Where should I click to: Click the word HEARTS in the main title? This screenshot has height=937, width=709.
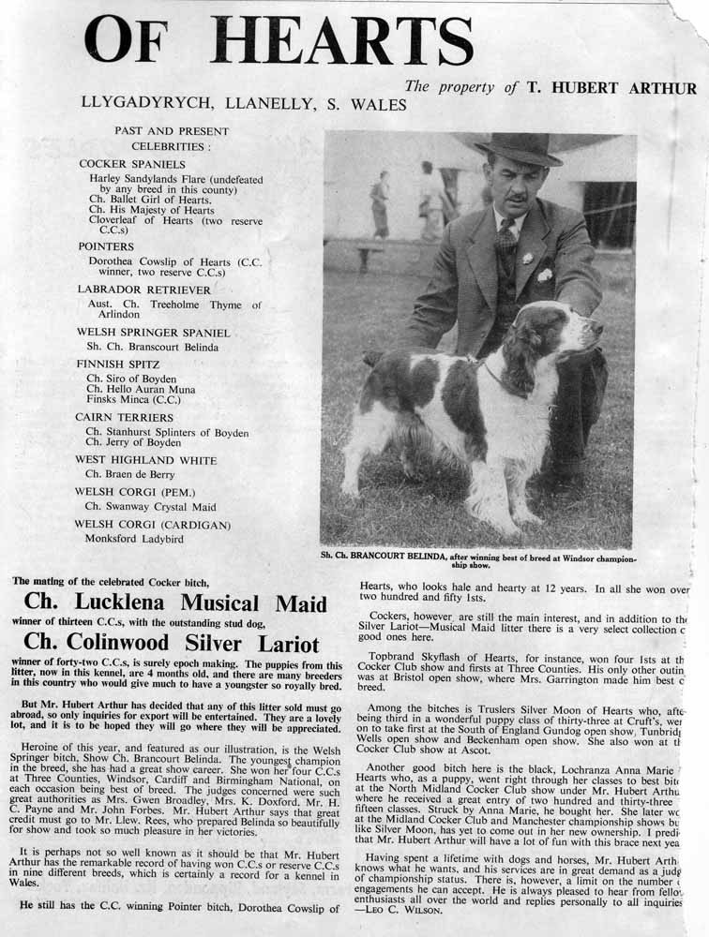point(342,42)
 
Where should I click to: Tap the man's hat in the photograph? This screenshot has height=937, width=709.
point(518,149)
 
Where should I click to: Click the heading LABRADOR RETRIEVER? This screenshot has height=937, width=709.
point(143,290)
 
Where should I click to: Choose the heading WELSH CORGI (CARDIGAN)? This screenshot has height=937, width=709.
point(153,525)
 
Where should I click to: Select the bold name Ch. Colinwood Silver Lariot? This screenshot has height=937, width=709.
point(172,644)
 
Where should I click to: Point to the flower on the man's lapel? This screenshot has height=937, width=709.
point(528,258)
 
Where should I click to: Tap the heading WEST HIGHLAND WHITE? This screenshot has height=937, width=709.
point(145,460)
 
